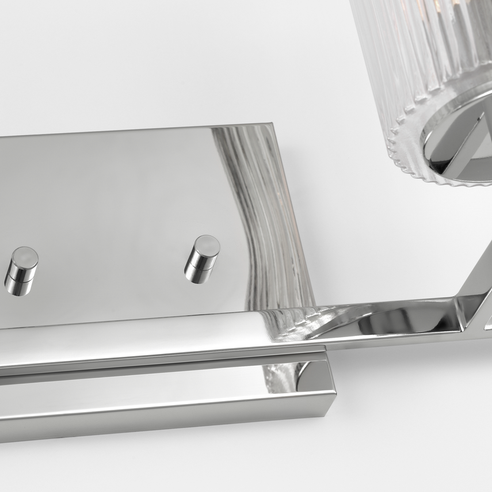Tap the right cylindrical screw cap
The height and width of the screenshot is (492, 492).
pyautogui.click(x=201, y=259)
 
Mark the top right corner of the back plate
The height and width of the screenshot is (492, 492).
pyautogui.click(x=270, y=124)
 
